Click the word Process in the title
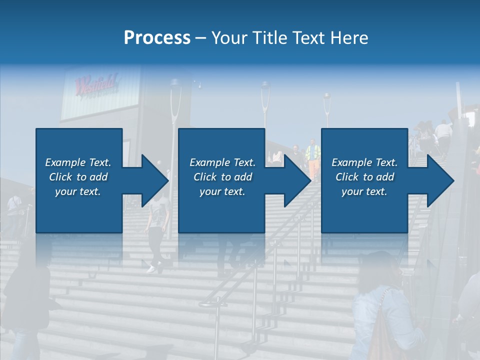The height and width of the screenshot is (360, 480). pyautogui.click(x=157, y=38)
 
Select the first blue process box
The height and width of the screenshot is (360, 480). pyautogui.click(x=79, y=180)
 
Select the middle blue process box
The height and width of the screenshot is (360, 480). pyautogui.click(x=221, y=180)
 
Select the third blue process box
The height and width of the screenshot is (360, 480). pyautogui.click(x=364, y=180)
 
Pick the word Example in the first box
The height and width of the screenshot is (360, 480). pyautogui.click(x=65, y=162)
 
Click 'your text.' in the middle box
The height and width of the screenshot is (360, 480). pyautogui.click(x=222, y=191)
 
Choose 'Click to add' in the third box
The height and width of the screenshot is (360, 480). pyautogui.click(x=364, y=177)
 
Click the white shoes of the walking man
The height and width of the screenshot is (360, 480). pyautogui.click(x=151, y=268)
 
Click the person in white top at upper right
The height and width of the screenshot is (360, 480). pyautogui.click(x=443, y=132)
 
